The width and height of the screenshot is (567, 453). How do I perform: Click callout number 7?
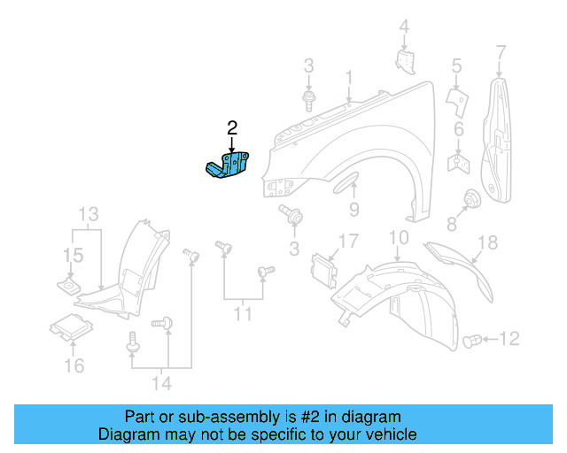point(501,50)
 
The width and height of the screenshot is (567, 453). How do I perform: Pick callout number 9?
point(353,210)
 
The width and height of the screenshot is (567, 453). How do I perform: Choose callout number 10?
point(398,237)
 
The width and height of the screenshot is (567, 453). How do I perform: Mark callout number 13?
point(89,214)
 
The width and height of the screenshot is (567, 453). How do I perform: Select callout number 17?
point(346,241)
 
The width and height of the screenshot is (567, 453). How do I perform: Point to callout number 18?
point(488,242)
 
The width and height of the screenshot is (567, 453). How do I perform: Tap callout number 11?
point(243,313)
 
